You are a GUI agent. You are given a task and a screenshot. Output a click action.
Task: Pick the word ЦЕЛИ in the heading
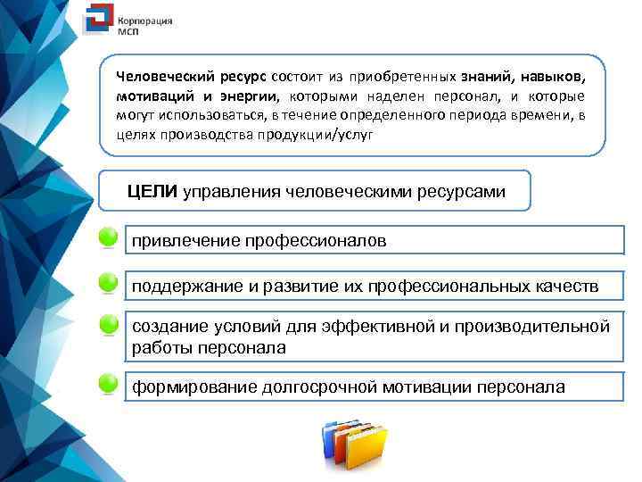(152, 191)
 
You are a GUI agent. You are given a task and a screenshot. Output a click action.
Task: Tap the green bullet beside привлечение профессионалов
(109, 238)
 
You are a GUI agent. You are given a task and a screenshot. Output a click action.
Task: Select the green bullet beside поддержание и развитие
(109, 282)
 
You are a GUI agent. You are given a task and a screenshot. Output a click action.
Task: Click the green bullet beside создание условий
(109, 324)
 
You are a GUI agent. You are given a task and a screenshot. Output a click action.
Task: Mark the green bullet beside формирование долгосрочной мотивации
(109, 384)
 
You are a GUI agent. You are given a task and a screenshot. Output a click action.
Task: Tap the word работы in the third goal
(159, 347)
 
